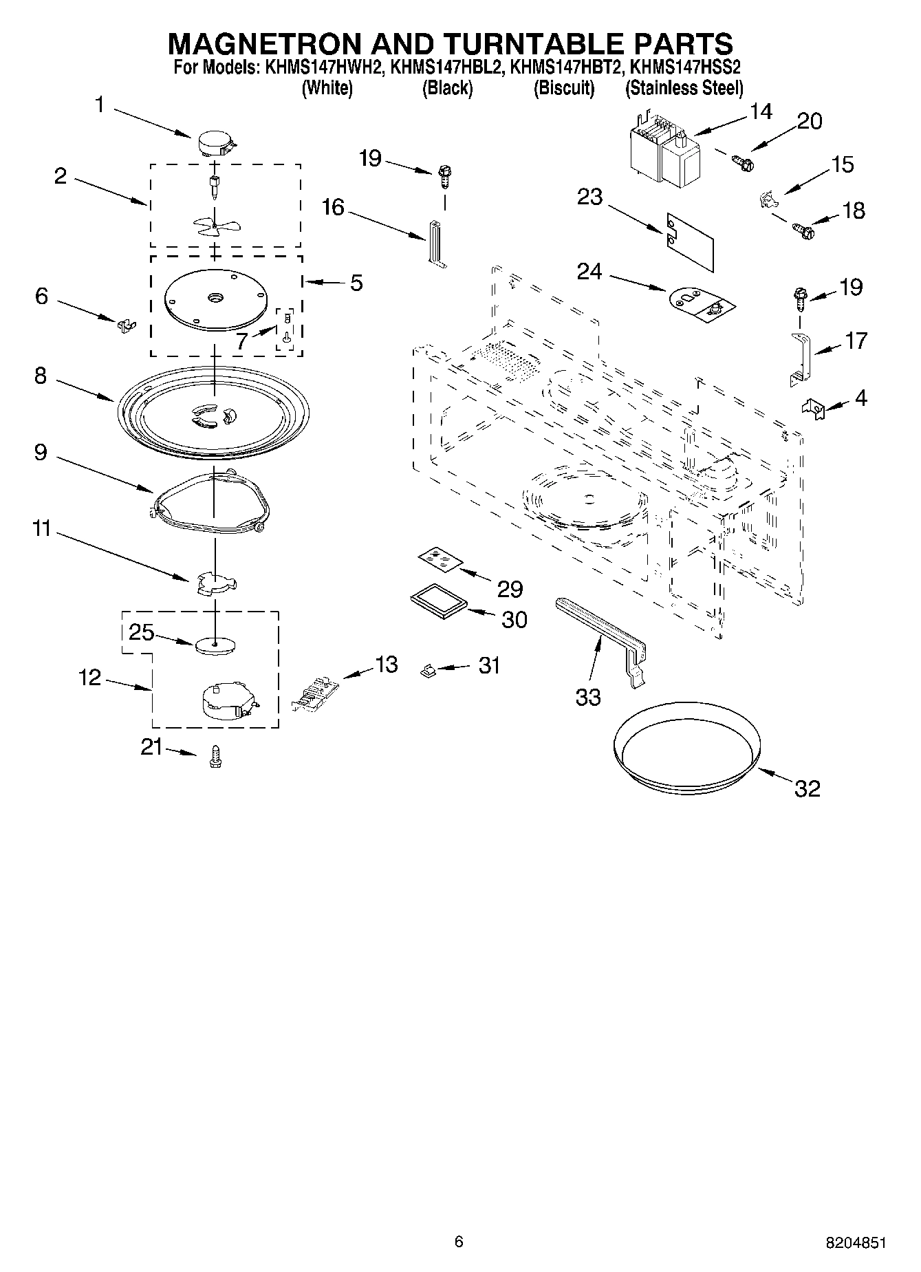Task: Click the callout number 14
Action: (761, 111)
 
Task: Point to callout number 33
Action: (588, 697)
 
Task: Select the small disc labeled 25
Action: (215, 645)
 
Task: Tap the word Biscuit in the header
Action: (564, 88)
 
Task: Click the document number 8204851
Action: (856, 1242)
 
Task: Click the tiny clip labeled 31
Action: (427, 669)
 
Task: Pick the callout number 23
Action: (589, 197)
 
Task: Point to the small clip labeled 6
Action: (124, 323)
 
